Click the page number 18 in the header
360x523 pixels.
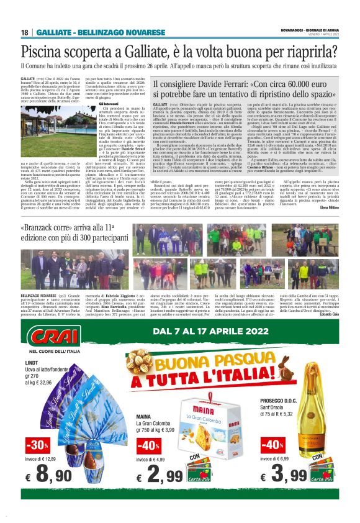point(24,32)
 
